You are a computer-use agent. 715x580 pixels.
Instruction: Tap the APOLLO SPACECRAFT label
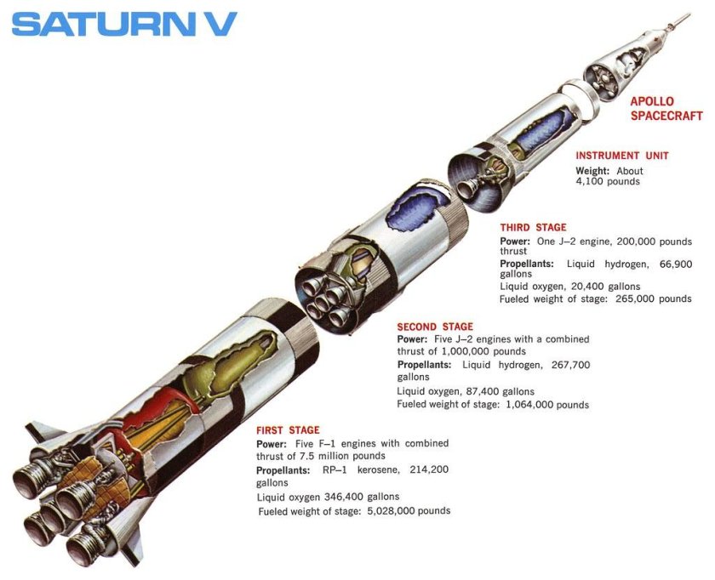pos(666,108)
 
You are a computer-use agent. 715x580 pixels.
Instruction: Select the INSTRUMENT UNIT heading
pos(622,156)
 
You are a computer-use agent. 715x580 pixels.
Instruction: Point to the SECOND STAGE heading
pos(435,327)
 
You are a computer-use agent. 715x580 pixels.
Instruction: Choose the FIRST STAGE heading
pos(288,430)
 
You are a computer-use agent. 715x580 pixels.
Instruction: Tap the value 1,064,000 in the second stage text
pos(526,405)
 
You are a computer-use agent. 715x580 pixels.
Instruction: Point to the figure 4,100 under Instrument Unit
pos(593,181)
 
